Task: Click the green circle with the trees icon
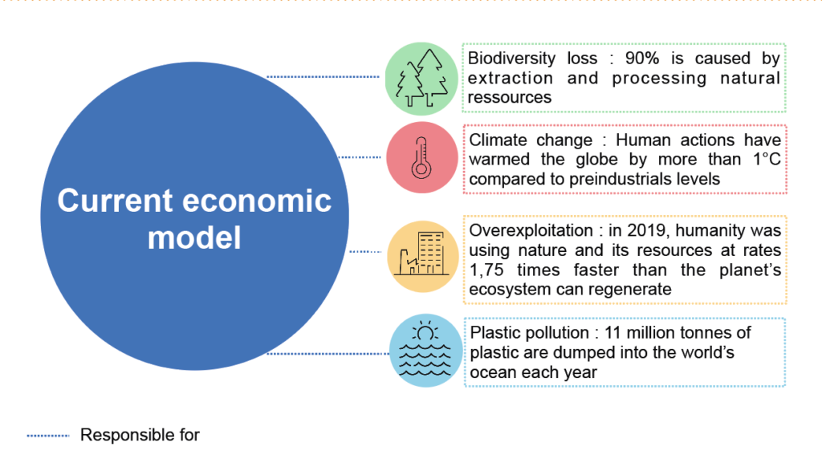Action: pos(421,79)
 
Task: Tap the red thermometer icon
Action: pos(422,158)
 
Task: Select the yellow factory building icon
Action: pos(423,256)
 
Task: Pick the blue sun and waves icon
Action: pos(425,351)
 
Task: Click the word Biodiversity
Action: pos(504,58)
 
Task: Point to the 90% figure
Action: pos(642,58)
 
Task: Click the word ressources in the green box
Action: pos(510,97)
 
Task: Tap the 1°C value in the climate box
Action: pos(767,159)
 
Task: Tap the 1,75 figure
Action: pos(486,270)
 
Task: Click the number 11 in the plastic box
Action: pos(612,333)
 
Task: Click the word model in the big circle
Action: pos(194,238)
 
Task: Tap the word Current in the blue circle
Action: pos(115,201)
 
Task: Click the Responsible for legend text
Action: pos(140,435)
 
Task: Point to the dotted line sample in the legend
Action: pos(47,436)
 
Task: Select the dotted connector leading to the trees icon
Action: pos(323,77)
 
